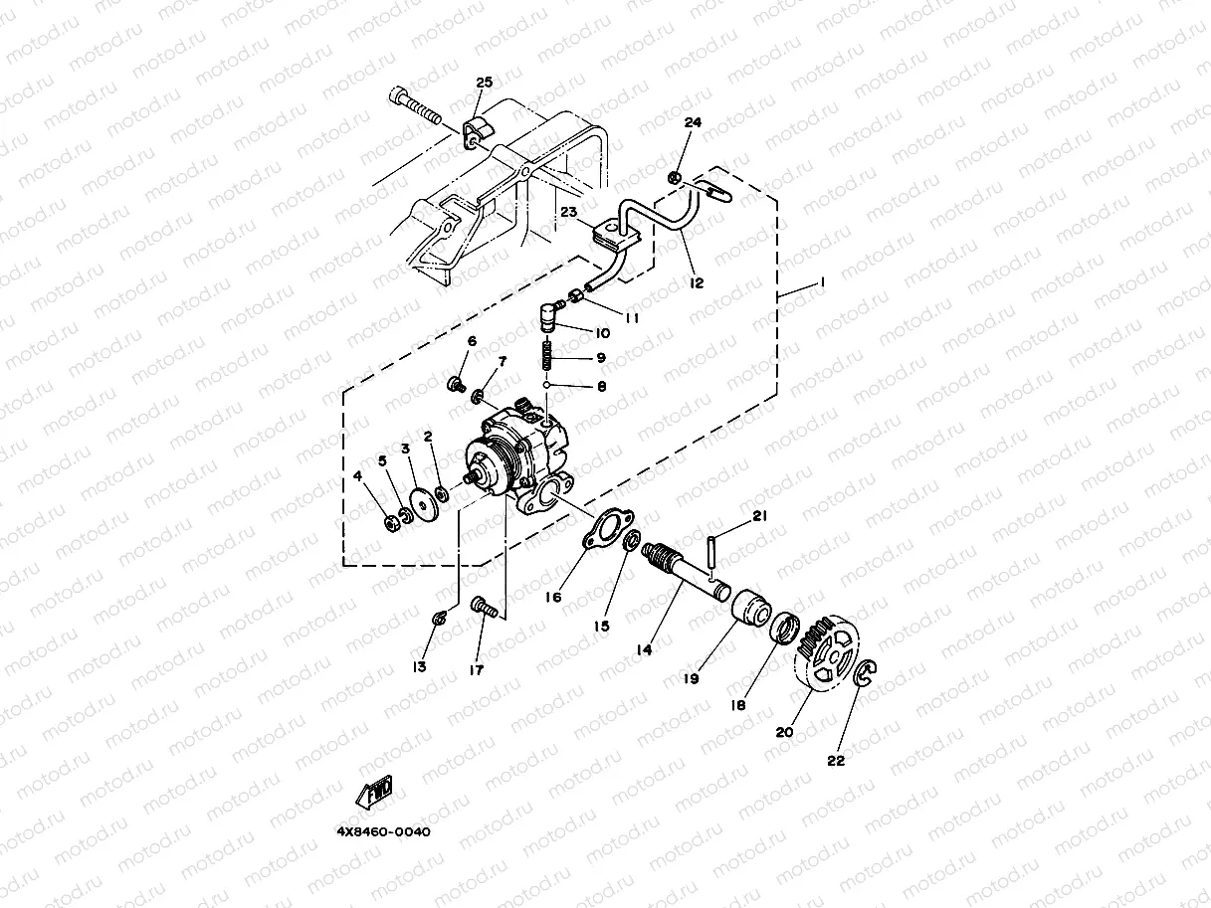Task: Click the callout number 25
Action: (x=484, y=82)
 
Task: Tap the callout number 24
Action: (x=693, y=122)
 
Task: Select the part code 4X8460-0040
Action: (x=384, y=830)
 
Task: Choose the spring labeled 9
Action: (x=546, y=356)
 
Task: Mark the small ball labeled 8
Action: (x=546, y=384)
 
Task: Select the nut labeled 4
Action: (x=391, y=522)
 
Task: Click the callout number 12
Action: (x=696, y=283)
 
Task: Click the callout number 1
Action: (x=821, y=283)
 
